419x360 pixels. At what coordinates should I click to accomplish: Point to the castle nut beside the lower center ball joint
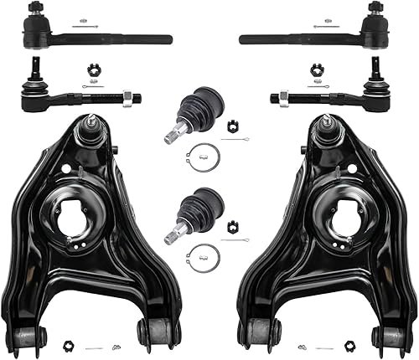coord(232,219)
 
